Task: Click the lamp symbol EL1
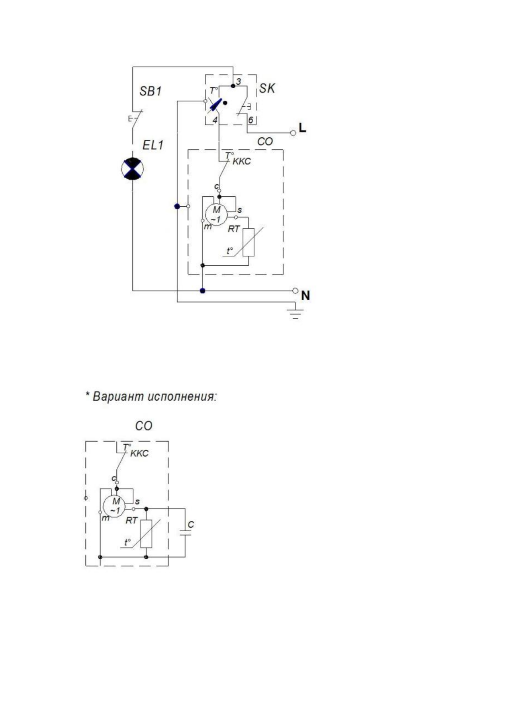coord(132,168)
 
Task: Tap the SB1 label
coord(150,91)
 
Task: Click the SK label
coord(267,89)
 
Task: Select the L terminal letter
coord(303,128)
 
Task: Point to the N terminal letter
coord(305,295)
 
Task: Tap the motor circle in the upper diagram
coord(215,214)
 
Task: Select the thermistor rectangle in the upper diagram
coord(249,242)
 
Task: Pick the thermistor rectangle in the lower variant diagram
coord(146,534)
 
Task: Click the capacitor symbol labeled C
coord(185,533)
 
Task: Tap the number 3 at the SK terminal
coord(239,81)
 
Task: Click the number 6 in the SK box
coord(250,120)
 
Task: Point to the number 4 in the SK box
coord(215,121)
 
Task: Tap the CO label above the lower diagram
coord(143,426)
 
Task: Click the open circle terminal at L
coord(293,133)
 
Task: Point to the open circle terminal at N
coord(295,291)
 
